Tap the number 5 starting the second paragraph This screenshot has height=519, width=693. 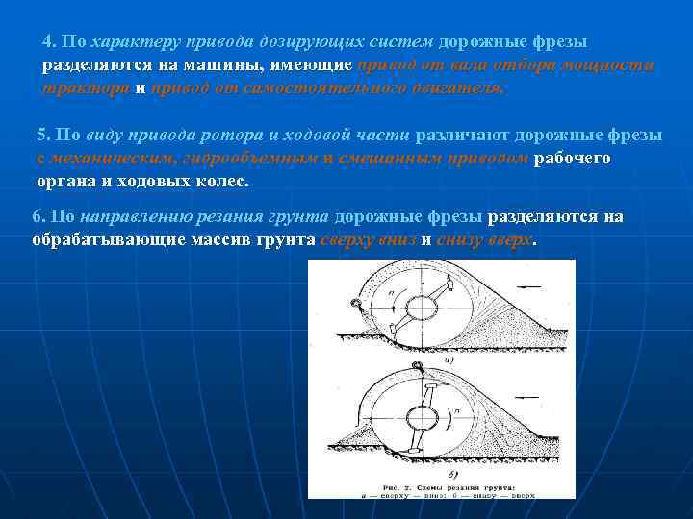tap(41, 136)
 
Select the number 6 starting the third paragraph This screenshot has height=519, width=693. tap(37, 217)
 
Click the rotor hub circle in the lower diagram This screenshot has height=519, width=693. tap(422, 416)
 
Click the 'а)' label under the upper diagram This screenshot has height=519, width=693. tap(449, 358)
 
